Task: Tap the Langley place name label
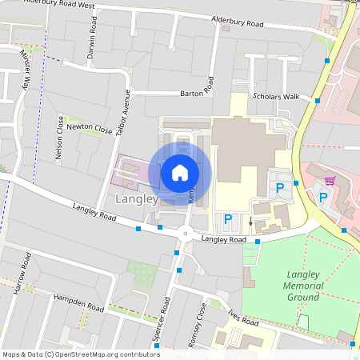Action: point(135,198)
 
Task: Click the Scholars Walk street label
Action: point(275,97)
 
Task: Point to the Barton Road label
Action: point(197,92)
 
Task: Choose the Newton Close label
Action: point(90,128)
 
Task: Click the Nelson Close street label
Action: point(59,138)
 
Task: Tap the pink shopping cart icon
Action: point(329,180)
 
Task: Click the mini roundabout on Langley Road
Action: point(186,234)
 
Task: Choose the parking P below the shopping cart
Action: point(323,197)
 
